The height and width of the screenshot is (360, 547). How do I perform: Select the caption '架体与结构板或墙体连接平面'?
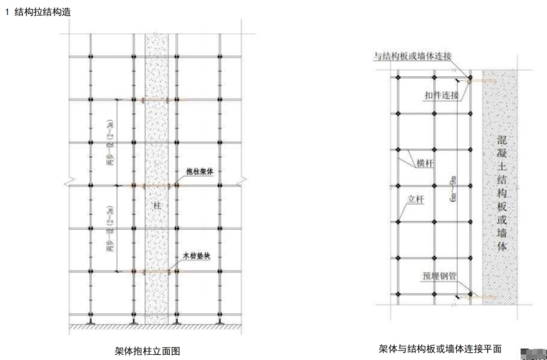click(x=440, y=348)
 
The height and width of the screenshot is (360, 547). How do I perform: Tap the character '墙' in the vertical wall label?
click(x=502, y=230)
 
